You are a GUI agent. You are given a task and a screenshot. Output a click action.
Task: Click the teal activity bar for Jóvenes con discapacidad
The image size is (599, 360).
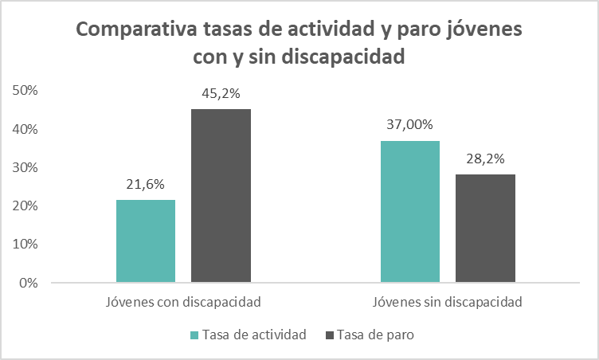coord(145,241)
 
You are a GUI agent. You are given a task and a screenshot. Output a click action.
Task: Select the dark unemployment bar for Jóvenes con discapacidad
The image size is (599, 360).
coord(221,195)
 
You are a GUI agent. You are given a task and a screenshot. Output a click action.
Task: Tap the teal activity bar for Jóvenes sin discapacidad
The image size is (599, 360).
coord(409,211)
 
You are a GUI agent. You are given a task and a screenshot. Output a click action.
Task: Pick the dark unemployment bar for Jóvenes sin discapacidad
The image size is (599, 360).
coord(485,228)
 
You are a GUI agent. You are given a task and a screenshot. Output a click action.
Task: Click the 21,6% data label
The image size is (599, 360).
coord(145,185)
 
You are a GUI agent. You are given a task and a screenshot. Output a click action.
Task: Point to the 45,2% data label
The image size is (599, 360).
coord(221,94)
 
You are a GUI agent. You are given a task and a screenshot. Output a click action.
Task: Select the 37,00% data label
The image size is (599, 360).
coord(409,125)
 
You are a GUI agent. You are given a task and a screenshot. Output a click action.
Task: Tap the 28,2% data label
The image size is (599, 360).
coord(485,158)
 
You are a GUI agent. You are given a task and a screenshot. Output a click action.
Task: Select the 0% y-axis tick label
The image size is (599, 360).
coord(29,283)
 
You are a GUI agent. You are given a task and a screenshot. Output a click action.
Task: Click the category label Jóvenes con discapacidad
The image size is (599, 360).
coord(183,303)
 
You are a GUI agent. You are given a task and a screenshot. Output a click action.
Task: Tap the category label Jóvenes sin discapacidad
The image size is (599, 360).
coord(447,303)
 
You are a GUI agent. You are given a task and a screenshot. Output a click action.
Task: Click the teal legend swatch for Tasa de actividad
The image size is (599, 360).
coord(195,335)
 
